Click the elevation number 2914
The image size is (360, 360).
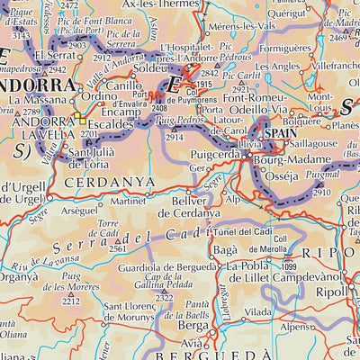175,138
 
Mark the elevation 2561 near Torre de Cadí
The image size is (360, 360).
117,247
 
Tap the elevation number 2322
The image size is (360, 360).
164,297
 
